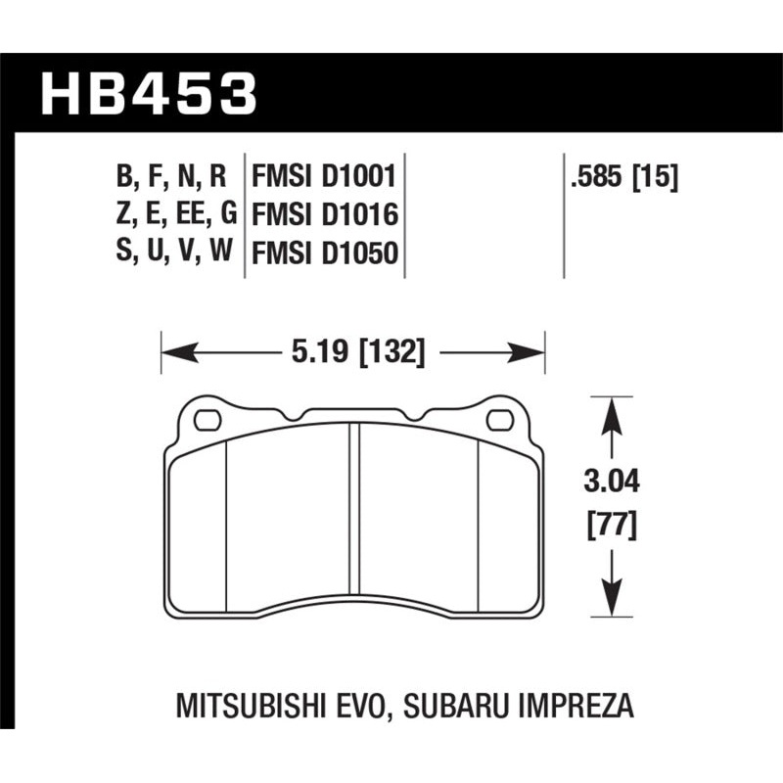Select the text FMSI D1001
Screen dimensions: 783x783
click(x=323, y=177)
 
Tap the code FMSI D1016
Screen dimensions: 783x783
click(x=323, y=215)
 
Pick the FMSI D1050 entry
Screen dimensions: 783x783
click(x=323, y=253)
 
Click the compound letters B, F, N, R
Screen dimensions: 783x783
click(x=171, y=177)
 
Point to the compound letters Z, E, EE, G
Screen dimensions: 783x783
click(x=171, y=215)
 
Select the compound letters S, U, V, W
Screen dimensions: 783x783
click(x=171, y=253)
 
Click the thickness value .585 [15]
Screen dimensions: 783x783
click(x=622, y=177)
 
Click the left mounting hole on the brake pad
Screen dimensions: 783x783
click(x=207, y=422)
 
